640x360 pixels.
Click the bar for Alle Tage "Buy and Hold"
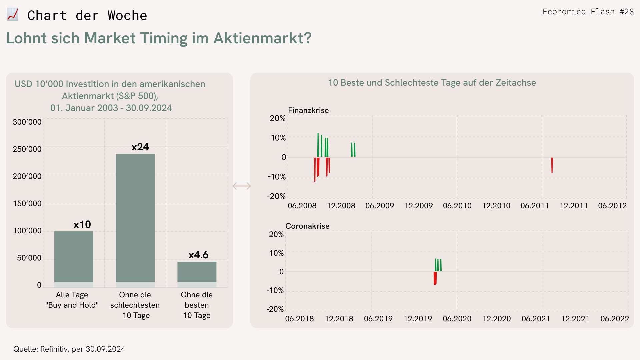tap(74, 257)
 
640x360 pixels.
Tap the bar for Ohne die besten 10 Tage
tap(197, 272)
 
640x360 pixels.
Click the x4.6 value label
tap(198, 255)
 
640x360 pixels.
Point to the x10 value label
tap(82, 225)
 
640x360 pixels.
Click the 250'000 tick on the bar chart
tap(27, 149)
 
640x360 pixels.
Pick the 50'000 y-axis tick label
tap(29, 258)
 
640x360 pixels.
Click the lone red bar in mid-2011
tap(552, 165)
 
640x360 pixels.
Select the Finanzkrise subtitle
tap(308, 110)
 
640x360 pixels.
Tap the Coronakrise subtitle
tap(307, 226)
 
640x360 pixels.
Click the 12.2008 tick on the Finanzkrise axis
tap(341, 206)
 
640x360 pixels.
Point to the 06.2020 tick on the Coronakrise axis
tap(457, 319)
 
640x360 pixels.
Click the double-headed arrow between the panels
tap(242, 186)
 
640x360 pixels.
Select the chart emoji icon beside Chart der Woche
tap(13, 15)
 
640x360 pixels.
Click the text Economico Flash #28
tap(588, 12)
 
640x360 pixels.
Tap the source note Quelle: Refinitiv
tap(69, 349)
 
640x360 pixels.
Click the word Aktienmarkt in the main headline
tap(262, 38)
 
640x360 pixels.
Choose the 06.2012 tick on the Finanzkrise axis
tap(612, 206)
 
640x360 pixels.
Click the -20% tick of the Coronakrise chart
tap(275, 309)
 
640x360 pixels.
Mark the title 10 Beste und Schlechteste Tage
tap(432, 83)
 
